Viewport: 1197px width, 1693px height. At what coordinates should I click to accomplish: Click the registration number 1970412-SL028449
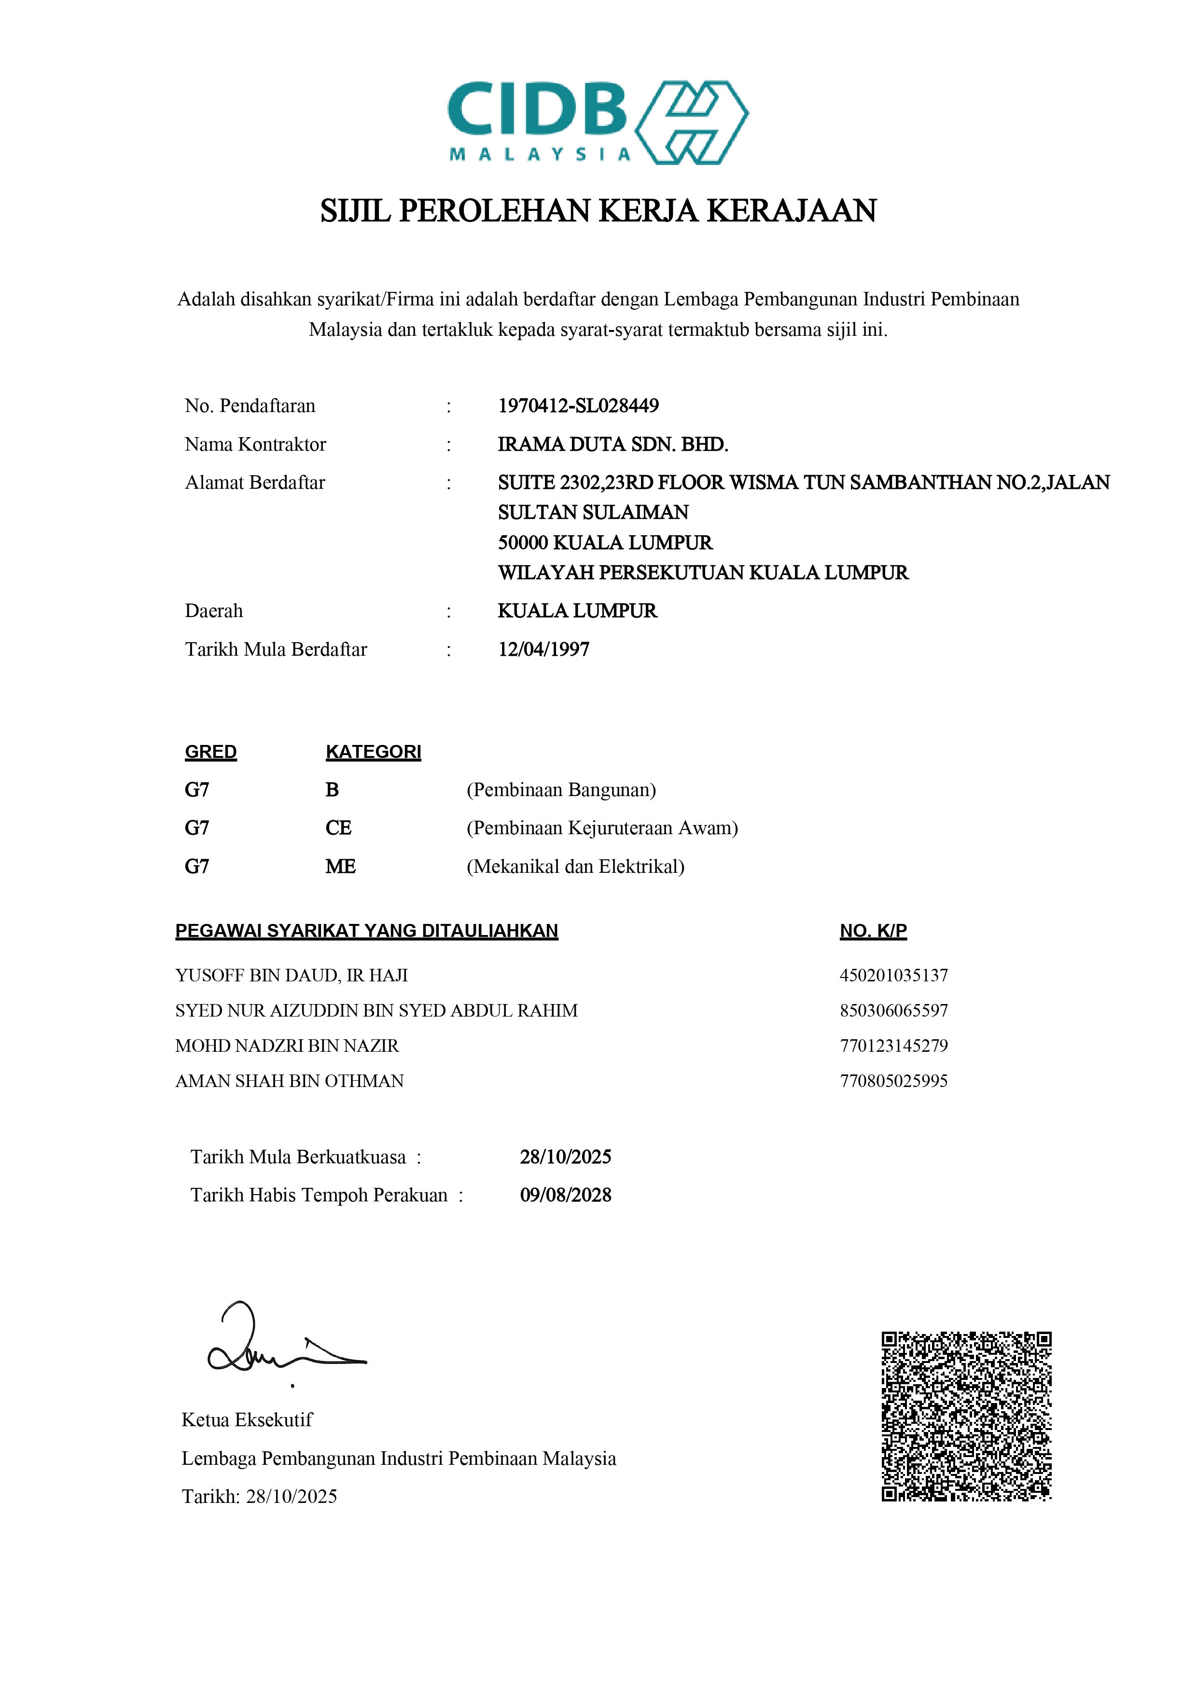point(578,406)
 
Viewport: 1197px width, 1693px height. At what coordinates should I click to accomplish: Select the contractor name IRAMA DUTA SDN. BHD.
point(612,444)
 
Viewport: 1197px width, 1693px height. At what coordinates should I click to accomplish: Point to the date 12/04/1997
point(543,649)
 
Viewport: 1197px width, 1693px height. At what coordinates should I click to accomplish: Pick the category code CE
point(338,827)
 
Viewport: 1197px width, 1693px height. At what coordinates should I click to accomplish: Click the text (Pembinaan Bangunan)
point(561,790)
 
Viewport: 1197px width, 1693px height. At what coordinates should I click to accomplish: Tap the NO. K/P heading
point(873,931)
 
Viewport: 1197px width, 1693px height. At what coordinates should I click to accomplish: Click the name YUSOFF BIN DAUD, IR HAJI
point(292,976)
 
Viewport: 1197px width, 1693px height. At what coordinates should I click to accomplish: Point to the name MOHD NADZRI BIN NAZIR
point(287,1046)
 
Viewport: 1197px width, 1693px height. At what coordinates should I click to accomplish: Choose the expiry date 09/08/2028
point(566,1195)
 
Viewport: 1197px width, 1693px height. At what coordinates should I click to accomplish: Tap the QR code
point(966,1416)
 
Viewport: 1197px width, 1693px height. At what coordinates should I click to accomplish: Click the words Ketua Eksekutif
point(247,1419)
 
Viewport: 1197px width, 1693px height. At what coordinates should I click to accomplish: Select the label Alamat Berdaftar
point(255,482)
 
